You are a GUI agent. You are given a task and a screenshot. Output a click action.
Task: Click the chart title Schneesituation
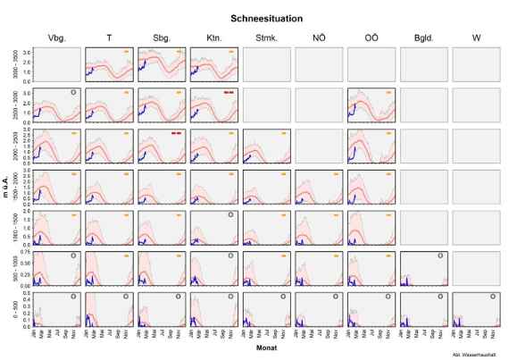[x=267, y=17]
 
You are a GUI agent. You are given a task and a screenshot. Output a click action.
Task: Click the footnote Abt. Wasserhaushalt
[x=484, y=356]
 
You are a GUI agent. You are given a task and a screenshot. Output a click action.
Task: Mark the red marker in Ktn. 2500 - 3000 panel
[x=229, y=92]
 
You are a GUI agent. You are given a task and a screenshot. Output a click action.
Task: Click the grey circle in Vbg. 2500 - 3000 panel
[x=74, y=92]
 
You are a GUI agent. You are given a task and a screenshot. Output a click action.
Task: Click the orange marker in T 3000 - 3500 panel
[x=127, y=51]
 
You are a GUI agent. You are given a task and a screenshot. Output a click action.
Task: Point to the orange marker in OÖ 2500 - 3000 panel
[x=388, y=92]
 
